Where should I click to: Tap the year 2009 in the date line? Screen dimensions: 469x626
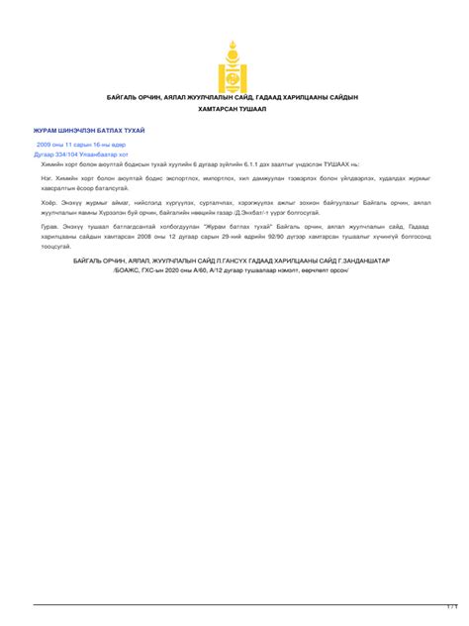click(46, 145)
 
